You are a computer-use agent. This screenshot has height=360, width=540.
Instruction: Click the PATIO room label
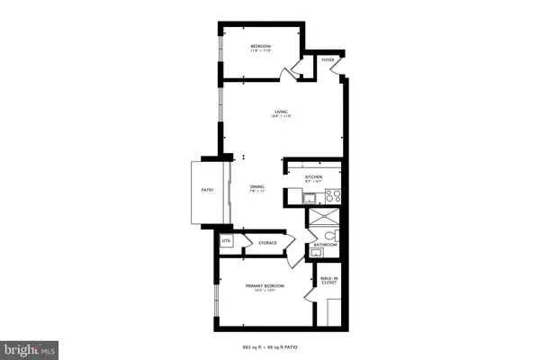[x=207, y=189]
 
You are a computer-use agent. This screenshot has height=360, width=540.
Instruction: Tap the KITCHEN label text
[x=313, y=177]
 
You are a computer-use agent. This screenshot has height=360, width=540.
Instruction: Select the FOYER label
[x=328, y=60]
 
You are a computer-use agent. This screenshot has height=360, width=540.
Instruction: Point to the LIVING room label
[x=281, y=112]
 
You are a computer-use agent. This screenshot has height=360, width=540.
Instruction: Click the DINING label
[x=256, y=186]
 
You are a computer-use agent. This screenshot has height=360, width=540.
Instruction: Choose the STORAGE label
[x=267, y=243]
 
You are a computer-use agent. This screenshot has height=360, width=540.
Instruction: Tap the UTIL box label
[x=226, y=241]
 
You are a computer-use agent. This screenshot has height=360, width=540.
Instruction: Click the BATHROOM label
[x=325, y=245]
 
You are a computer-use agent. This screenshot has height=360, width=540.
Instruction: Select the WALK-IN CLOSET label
[x=328, y=281]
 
